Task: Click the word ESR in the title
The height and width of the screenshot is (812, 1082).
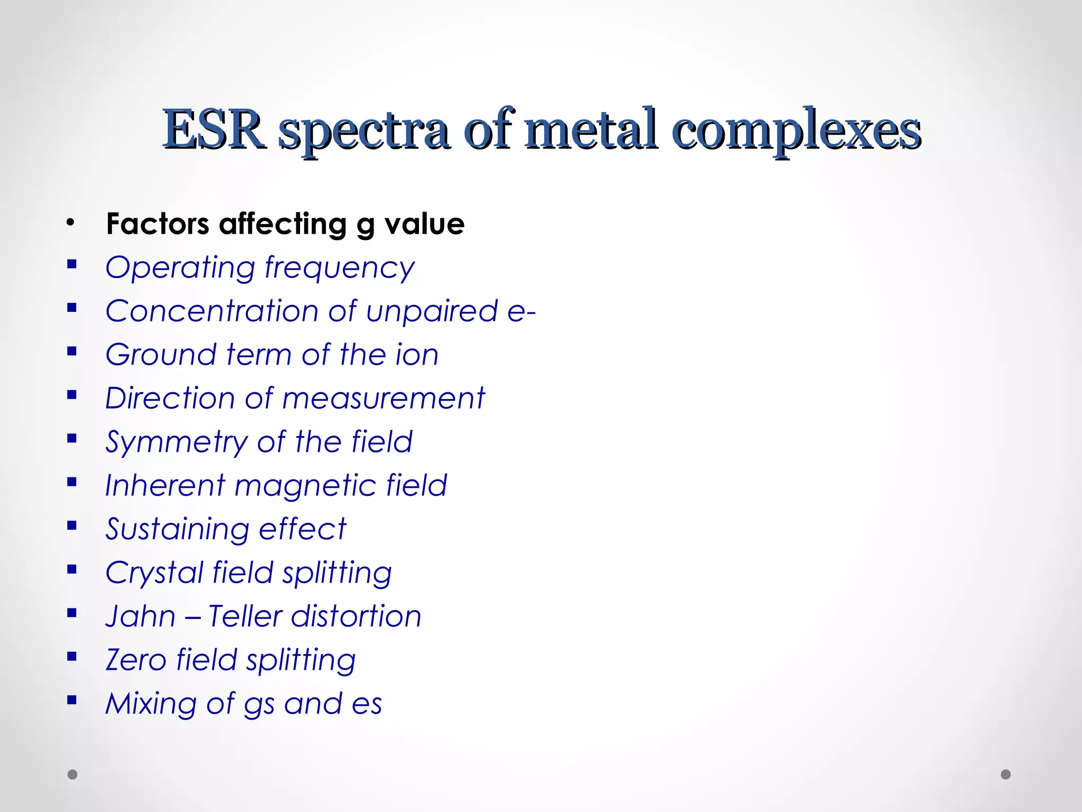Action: coord(214,130)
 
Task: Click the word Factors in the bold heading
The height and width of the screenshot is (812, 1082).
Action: coord(157,224)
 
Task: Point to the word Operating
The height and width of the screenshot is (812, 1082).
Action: coord(180,268)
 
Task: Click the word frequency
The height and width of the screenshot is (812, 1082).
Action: coord(340,268)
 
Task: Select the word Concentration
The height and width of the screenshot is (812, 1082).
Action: coord(212,310)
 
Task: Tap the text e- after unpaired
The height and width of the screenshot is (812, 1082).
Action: coord(521,311)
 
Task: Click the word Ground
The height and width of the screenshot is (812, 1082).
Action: coord(161,354)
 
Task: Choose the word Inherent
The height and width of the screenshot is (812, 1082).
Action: coord(165,485)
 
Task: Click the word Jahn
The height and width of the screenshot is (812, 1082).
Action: coord(140,616)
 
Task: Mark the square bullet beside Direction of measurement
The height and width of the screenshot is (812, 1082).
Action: coord(72,394)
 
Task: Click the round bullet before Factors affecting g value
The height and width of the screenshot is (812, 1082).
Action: coord(71,223)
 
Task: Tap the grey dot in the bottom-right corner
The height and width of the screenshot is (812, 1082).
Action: coord(1006,774)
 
